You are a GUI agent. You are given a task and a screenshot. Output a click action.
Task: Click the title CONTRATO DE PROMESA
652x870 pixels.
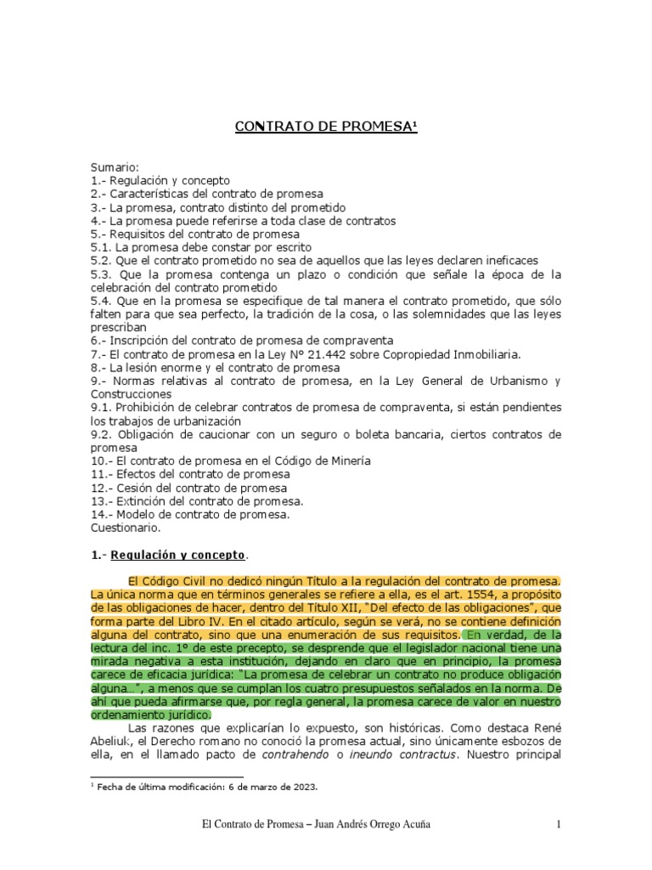[326, 128]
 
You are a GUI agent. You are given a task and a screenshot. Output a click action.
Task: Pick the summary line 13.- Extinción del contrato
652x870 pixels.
[197, 501]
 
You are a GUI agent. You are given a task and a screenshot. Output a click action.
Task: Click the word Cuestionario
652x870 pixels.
[124, 528]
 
